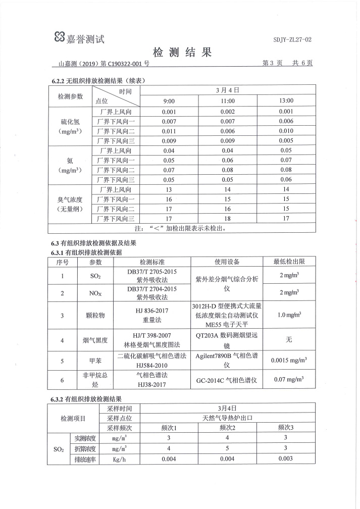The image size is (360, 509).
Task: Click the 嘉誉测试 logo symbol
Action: (x=60, y=37)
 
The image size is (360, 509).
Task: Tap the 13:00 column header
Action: (x=286, y=100)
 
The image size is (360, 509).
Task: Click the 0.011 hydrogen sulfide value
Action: (x=169, y=131)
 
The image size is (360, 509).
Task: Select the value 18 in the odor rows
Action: (x=228, y=218)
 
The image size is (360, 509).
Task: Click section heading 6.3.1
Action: (x=86, y=252)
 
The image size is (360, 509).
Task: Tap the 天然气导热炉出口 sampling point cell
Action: (x=227, y=418)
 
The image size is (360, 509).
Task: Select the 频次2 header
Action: (x=228, y=427)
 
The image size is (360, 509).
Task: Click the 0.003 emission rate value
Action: (x=286, y=459)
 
